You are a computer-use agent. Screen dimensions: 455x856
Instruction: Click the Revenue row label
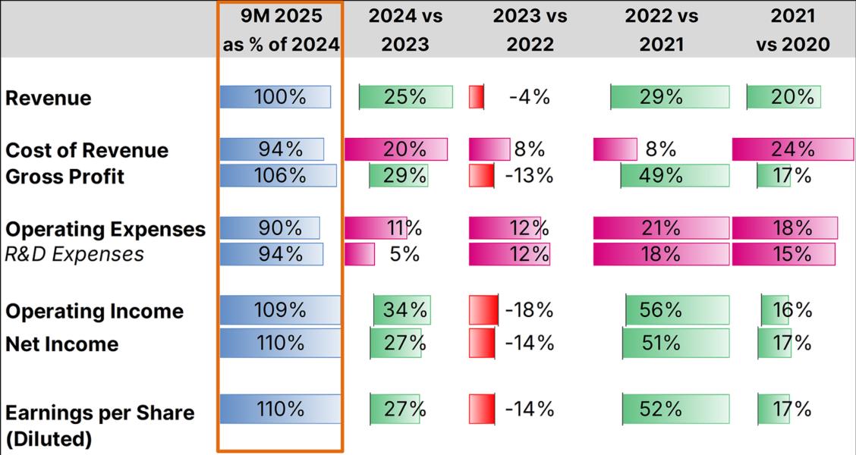click(49, 98)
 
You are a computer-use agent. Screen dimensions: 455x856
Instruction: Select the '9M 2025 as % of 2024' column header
click(281, 30)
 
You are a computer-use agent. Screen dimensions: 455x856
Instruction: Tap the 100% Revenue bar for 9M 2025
click(275, 97)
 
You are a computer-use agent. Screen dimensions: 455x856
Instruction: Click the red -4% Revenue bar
click(477, 97)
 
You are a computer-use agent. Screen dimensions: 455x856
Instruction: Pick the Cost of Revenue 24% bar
click(792, 149)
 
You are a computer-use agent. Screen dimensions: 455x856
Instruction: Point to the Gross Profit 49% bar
click(675, 176)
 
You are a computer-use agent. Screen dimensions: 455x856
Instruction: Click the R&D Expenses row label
click(74, 253)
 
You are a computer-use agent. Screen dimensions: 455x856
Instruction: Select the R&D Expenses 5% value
click(404, 253)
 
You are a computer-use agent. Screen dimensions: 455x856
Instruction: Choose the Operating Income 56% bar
click(677, 310)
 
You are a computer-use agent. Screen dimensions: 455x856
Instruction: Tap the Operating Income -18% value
click(529, 310)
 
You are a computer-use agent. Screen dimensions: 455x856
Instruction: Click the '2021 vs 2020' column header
click(792, 30)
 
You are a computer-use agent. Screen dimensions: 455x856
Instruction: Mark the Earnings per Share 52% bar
click(675, 409)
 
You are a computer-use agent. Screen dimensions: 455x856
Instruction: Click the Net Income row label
click(62, 344)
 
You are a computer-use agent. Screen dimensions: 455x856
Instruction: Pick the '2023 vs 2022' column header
click(530, 30)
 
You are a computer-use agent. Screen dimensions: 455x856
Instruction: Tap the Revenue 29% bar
click(670, 97)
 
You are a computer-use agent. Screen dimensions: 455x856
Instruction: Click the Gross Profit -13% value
click(529, 176)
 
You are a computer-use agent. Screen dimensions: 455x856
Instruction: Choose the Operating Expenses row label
click(105, 229)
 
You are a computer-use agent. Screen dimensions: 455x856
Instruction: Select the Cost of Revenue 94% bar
click(272, 149)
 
